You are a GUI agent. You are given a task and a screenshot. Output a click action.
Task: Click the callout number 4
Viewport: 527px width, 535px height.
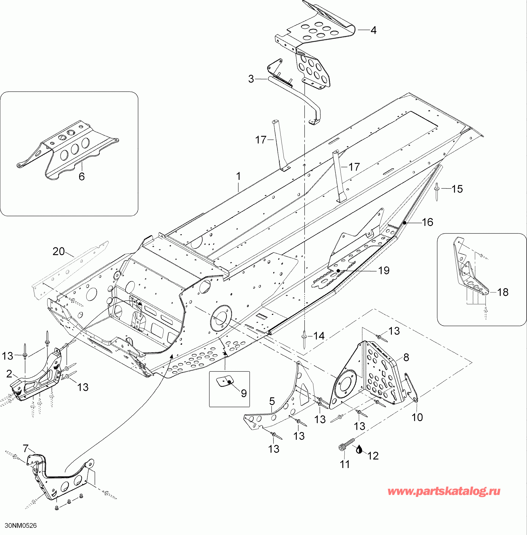point(374,30)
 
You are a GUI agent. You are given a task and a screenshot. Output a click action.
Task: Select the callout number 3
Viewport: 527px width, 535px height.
point(251,79)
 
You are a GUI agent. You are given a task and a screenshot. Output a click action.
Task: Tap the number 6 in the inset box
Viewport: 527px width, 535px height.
point(82,176)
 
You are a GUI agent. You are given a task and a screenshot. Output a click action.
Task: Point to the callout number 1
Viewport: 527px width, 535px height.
point(238,176)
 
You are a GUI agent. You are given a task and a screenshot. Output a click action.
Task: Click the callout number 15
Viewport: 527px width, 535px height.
point(457,189)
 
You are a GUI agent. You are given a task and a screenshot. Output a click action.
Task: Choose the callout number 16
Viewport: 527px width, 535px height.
point(427,222)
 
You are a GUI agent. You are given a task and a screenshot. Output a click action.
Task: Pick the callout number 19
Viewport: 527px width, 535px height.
point(384,271)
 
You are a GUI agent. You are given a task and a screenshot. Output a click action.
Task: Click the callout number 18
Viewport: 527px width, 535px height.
point(503,292)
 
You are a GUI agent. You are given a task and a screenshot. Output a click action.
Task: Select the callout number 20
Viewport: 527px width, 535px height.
point(58,252)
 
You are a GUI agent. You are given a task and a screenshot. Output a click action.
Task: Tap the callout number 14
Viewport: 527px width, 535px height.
point(319,336)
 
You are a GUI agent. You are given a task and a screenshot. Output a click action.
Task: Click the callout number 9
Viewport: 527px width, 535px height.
point(244,393)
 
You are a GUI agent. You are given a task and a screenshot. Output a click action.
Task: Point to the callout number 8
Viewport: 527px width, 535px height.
point(406,357)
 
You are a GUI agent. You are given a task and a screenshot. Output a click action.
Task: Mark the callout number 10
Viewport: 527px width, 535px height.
point(417,417)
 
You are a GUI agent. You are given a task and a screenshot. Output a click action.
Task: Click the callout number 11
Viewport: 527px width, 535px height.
point(345,464)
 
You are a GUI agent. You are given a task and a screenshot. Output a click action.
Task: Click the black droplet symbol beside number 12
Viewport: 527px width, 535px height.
point(359,450)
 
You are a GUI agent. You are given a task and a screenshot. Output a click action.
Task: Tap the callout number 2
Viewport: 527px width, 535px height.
point(9,374)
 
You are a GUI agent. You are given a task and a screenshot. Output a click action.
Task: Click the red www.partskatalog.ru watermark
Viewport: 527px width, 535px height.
point(444,491)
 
